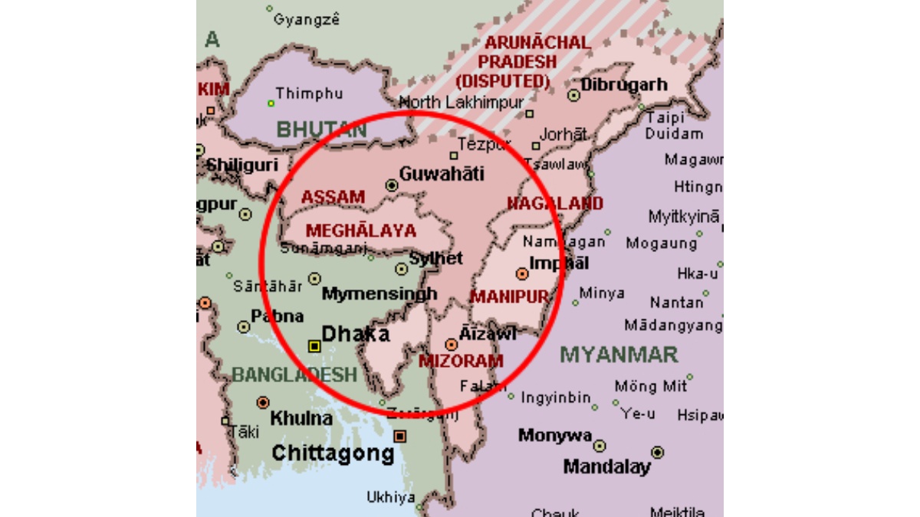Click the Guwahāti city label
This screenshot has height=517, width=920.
click(442, 174)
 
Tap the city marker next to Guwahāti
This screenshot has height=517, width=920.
click(392, 185)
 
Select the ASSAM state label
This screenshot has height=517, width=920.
click(333, 197)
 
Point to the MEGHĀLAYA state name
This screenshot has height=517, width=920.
click(361, 231)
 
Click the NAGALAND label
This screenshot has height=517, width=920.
click(555, 203)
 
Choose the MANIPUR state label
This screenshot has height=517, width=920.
click(509, 296)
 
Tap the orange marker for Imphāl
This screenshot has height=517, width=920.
click(522, 273)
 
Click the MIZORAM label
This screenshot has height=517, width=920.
click(462, 361)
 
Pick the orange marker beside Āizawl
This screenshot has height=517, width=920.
click(451, 345)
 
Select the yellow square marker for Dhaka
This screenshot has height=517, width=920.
click(314, 346)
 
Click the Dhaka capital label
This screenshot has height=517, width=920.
click(356, 334)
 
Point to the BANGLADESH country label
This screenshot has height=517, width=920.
click(294, 375)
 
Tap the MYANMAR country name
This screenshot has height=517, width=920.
click(619, 355)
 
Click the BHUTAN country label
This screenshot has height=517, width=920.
click(322, 130)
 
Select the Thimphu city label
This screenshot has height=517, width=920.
click(310, 93)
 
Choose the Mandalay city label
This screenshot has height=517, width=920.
click(606, 466)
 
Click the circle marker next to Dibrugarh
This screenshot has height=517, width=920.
click(573, 96)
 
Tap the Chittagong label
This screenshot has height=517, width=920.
click(333, 453)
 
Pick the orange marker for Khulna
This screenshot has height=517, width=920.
click(263, 402)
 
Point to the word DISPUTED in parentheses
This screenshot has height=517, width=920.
click(503, 79)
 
